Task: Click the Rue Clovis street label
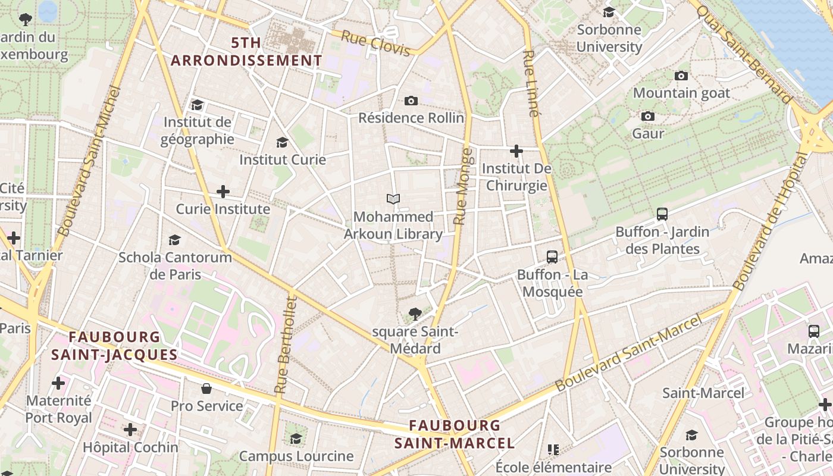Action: click(x=376, y=45)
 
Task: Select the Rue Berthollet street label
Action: click(x=284, y=345)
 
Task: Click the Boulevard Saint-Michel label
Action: click(x=89, y=160)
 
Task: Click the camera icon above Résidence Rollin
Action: click(x=411, y=101)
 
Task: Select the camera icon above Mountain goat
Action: click(x=681, y=76)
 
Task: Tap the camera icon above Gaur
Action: click(x=648, y=116)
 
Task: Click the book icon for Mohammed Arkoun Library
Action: click(x=393, y=199)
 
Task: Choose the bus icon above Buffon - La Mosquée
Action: click(x=552, y=257)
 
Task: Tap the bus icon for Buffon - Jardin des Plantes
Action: click(x=662, y=214)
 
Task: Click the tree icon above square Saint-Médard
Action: click(x=415, y=314)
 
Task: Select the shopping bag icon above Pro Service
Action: click(x=206, y=389)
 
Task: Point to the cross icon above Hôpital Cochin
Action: click(x=130, y=430)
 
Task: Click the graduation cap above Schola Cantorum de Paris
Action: click(x=174, y=240)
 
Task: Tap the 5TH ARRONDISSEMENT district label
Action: click(x=246, y=52)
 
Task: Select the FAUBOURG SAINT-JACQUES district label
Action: click(x=114, y=346)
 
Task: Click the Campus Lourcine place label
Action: click(x=296, y=456)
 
